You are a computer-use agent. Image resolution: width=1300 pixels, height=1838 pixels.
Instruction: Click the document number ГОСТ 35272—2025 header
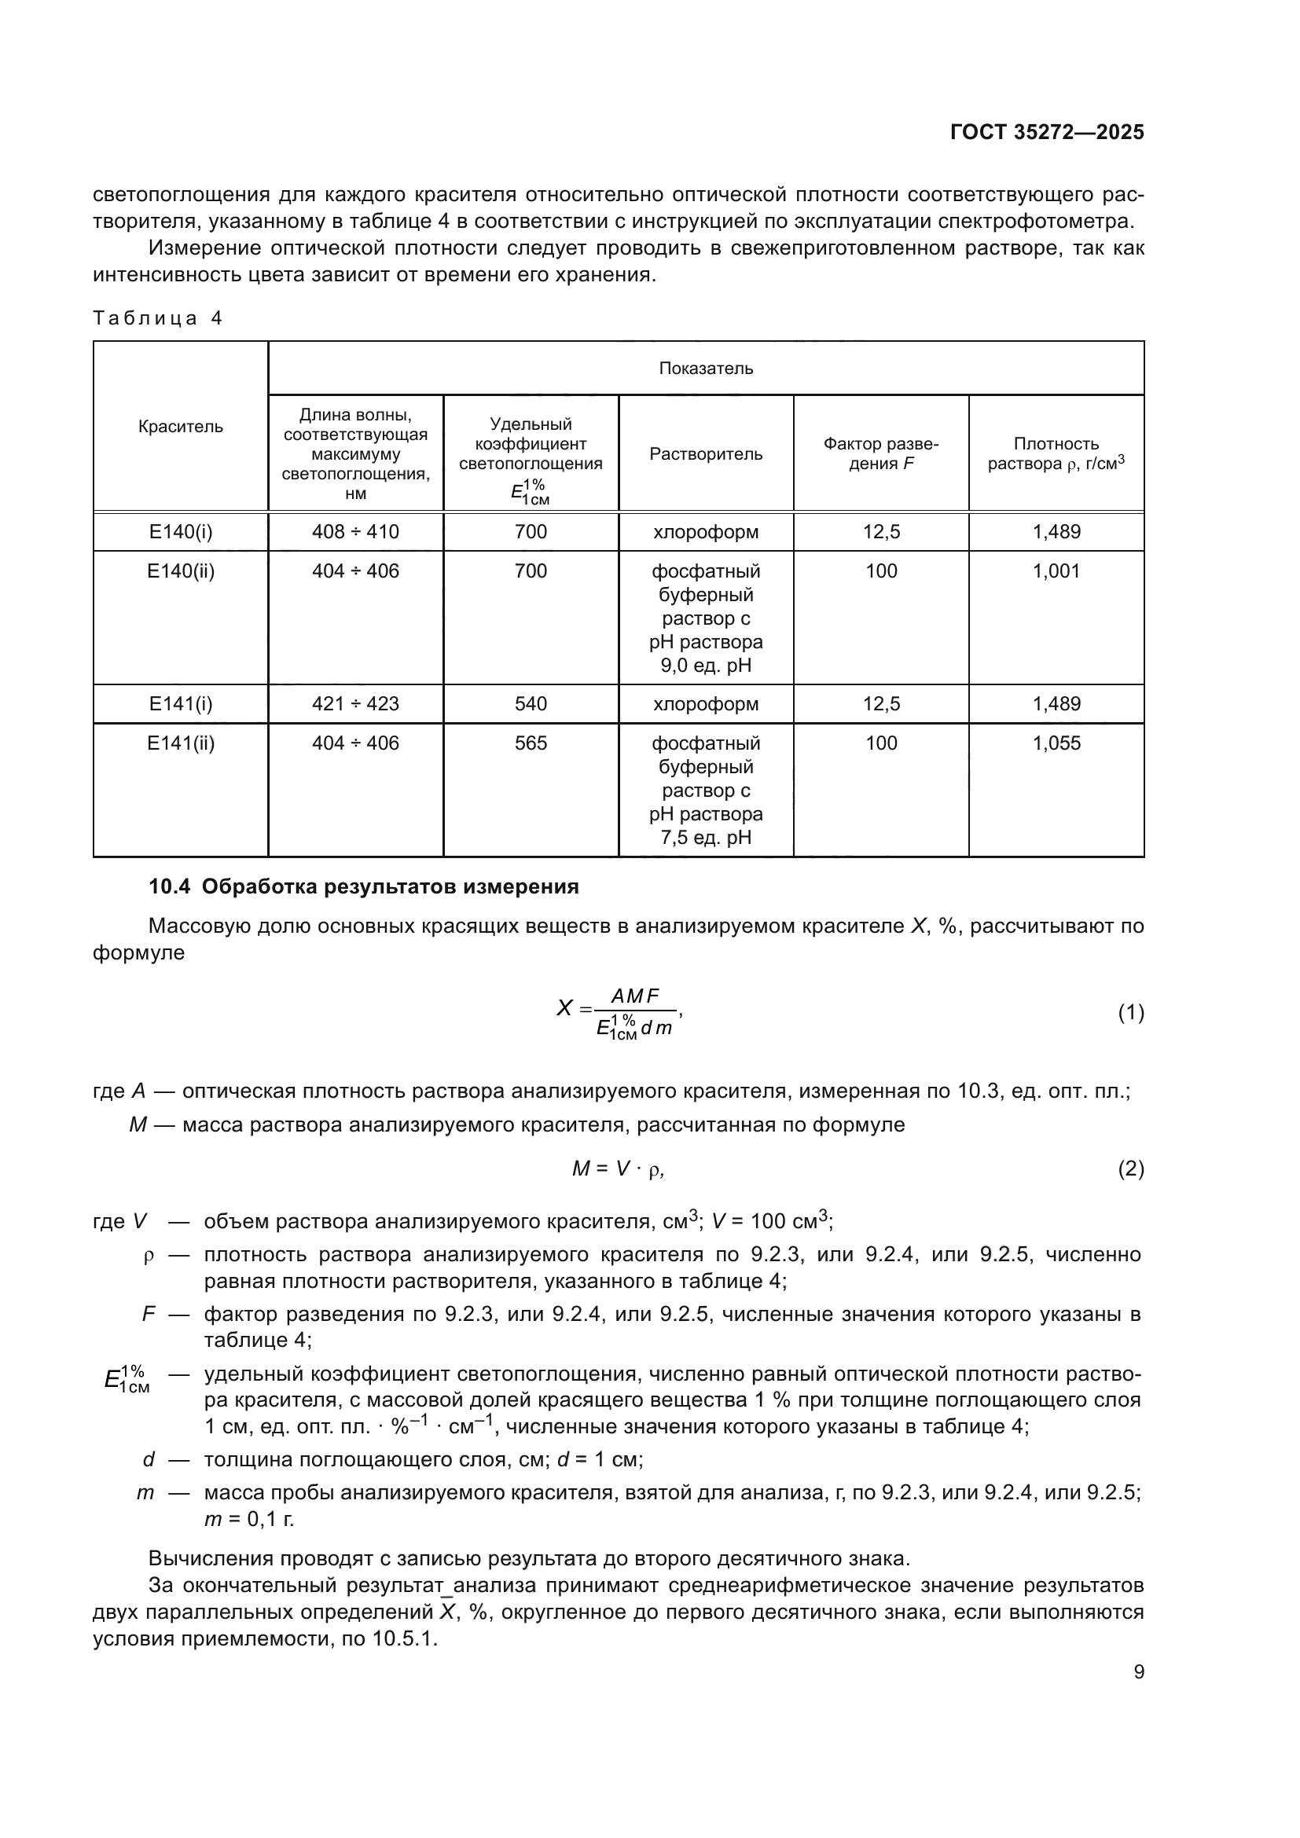click(x=1046, y=133)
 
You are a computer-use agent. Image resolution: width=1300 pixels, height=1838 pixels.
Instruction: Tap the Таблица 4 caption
click(x=157, y=318)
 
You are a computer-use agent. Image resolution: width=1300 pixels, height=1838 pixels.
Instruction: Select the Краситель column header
click(x=180, y=427)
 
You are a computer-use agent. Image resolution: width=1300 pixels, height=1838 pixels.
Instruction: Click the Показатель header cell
click(x=705, y=369)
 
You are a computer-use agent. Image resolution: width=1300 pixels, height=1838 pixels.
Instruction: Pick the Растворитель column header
click(x=705, y=454)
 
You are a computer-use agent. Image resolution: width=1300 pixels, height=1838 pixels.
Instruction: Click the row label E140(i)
click(x=180, y=531)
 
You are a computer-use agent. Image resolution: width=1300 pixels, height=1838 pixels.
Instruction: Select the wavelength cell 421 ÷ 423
click(x=354, y=703)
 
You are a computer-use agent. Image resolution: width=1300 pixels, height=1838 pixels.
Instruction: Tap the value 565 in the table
click(x=530, y=743)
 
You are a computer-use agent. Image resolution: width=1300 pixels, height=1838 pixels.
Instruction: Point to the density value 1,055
click(x=1056, y=743)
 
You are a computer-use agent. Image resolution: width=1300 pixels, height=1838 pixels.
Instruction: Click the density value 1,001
click(x=1056, y=570)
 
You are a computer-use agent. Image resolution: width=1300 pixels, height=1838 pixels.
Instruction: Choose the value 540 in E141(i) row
click(x=530, y=703)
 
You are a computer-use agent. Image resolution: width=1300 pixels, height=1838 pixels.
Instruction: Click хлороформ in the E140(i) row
click(x=705, y=531)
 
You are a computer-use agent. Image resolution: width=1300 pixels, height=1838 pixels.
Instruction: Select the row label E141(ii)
click(x=180, y=743)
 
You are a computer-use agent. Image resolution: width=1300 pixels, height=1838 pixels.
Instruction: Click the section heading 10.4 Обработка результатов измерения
click(x=363, y=887)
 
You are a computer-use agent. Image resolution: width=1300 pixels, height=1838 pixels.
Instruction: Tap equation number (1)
click(x=1130, y=1014)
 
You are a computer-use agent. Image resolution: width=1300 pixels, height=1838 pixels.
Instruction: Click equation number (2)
click(x=1130, y=1169)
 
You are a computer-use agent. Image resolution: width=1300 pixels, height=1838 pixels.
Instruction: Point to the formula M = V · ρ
click(x=617, y=1169)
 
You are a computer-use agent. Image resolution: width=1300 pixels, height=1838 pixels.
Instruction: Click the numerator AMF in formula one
click(x=635, y=996)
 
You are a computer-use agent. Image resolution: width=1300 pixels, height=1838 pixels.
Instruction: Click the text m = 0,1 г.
click(x=249, y=1519)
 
